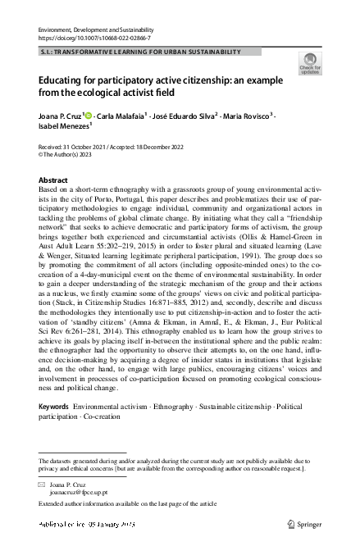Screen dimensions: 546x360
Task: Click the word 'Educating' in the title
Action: click(x=67, y=81)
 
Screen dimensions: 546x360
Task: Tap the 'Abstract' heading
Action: click(x=54, y=179)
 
